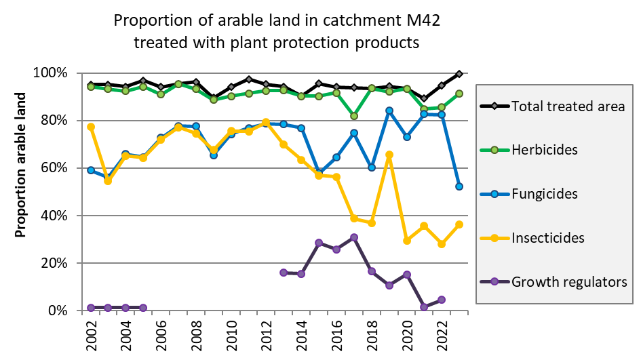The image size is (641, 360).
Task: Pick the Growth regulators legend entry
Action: pyautogui.click(x=569, y=281)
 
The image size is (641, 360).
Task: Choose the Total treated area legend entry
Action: pyautogui.click(x=568, y=106)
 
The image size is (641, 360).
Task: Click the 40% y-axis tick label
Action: pyautogui.click(x=57, y=216)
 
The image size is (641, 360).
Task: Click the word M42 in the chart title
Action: pyautogui.click(x=417, y=20)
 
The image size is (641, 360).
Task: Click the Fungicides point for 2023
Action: pyautogui.click(x=459, y=186)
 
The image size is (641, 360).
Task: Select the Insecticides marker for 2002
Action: pyautogui.click(x=91, y=127)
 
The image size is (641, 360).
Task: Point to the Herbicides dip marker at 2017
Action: pyautogui.click(x=354, y=116)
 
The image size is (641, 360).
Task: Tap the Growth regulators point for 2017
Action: pyautogui.click(x=354, y=237)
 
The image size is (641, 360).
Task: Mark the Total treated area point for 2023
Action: pyautogui.click(x=459, y=74)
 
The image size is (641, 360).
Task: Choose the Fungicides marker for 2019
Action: pyautogui.click(x=389, y=111)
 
